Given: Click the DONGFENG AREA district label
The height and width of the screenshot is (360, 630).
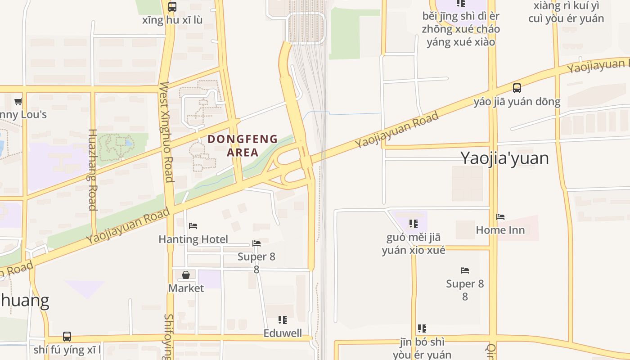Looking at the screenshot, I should click(x=243, y=145).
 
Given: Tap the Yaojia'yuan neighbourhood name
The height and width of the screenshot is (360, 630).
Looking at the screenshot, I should click(x=504, y=158).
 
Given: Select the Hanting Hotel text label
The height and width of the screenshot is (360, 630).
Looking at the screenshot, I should click(x=193, y=239).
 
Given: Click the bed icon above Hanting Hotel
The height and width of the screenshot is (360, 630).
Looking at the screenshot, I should click(x=193, y=225).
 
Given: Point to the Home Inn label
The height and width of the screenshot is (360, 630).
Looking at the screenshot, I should click(x=500, y=230).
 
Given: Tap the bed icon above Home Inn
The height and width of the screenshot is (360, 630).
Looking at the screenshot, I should click(x=500, y=217).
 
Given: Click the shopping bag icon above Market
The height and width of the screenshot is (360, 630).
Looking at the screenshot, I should click(x=186, y=274).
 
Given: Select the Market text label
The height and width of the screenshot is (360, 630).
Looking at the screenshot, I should click(x=186, y=288).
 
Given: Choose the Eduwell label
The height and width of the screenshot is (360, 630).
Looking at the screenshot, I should click(x=282, y=333).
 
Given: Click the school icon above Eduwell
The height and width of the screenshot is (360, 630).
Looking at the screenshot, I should click(x=282, y=320).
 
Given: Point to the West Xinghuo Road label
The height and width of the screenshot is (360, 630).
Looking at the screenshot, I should click(x=166, y=132).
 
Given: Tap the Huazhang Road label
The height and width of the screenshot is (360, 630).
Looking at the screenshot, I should click(x=93, y=170).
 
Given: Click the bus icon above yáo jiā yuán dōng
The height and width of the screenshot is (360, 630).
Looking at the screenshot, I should click(x=517, y=88).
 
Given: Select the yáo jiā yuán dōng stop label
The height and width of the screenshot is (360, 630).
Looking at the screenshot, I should click(x=517, y=102).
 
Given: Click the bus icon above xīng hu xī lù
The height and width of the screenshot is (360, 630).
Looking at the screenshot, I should click(x=172, y=7).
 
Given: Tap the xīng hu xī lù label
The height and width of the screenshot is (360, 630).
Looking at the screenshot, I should click(x=172, y=20).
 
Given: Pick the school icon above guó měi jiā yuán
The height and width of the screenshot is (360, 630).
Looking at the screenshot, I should click(x=414, y=224).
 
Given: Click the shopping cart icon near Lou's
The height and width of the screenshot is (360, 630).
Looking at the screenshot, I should click(x=18, y=101).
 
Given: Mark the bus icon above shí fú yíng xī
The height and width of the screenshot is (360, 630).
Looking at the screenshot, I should click(x=67, y=336).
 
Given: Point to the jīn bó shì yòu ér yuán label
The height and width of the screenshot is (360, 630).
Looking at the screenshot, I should click(x=422, y=348).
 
